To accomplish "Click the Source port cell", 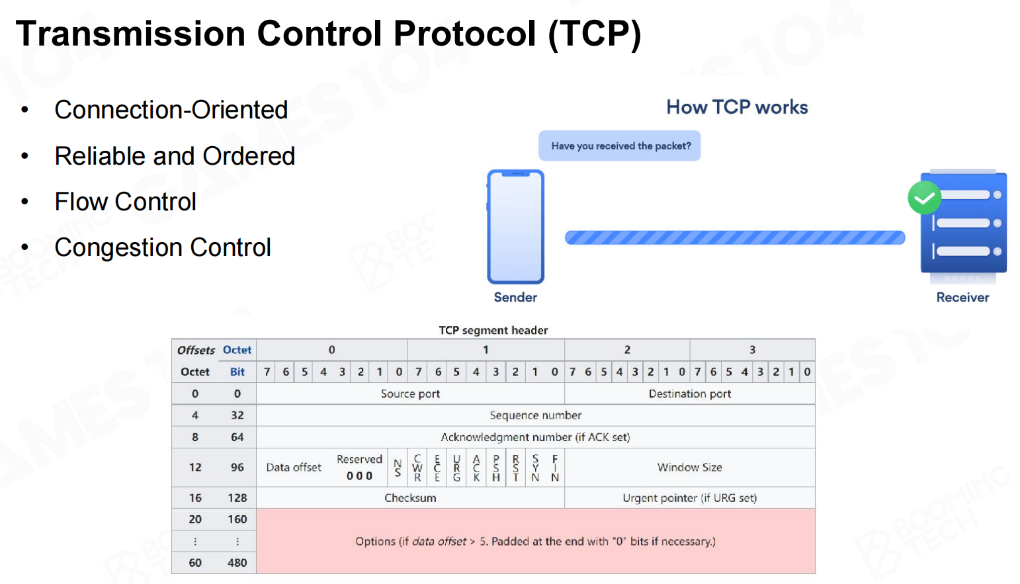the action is [x=410, y=394].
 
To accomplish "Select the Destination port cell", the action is [x=690, y=394].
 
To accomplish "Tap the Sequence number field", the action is [x=536, y=415].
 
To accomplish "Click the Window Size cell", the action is [x=690, y=467].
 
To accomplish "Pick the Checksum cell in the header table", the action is [x=410, y=497].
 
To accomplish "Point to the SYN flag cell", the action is [x=535, y=468].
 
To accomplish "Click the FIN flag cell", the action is [x=554, y=468].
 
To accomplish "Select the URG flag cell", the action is [x=456, y=468].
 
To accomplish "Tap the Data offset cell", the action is [x=294, y=468].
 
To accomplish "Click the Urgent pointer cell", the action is [x=690, y=497].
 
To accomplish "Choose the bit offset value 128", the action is [x=237, y=497].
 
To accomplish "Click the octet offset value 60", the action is [x=195, y=563].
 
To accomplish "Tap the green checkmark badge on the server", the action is [x=924, y=198].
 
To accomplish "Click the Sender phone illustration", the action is [x=515, y=227].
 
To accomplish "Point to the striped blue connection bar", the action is [x=735, y=237].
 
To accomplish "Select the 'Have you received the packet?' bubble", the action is [x=620, y=146].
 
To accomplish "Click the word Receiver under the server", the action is [x=962, y=297].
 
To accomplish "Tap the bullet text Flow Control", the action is [x=125, y=202].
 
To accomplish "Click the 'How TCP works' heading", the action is [x=738, y=107].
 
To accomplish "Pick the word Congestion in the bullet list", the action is [x=118, y=248].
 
